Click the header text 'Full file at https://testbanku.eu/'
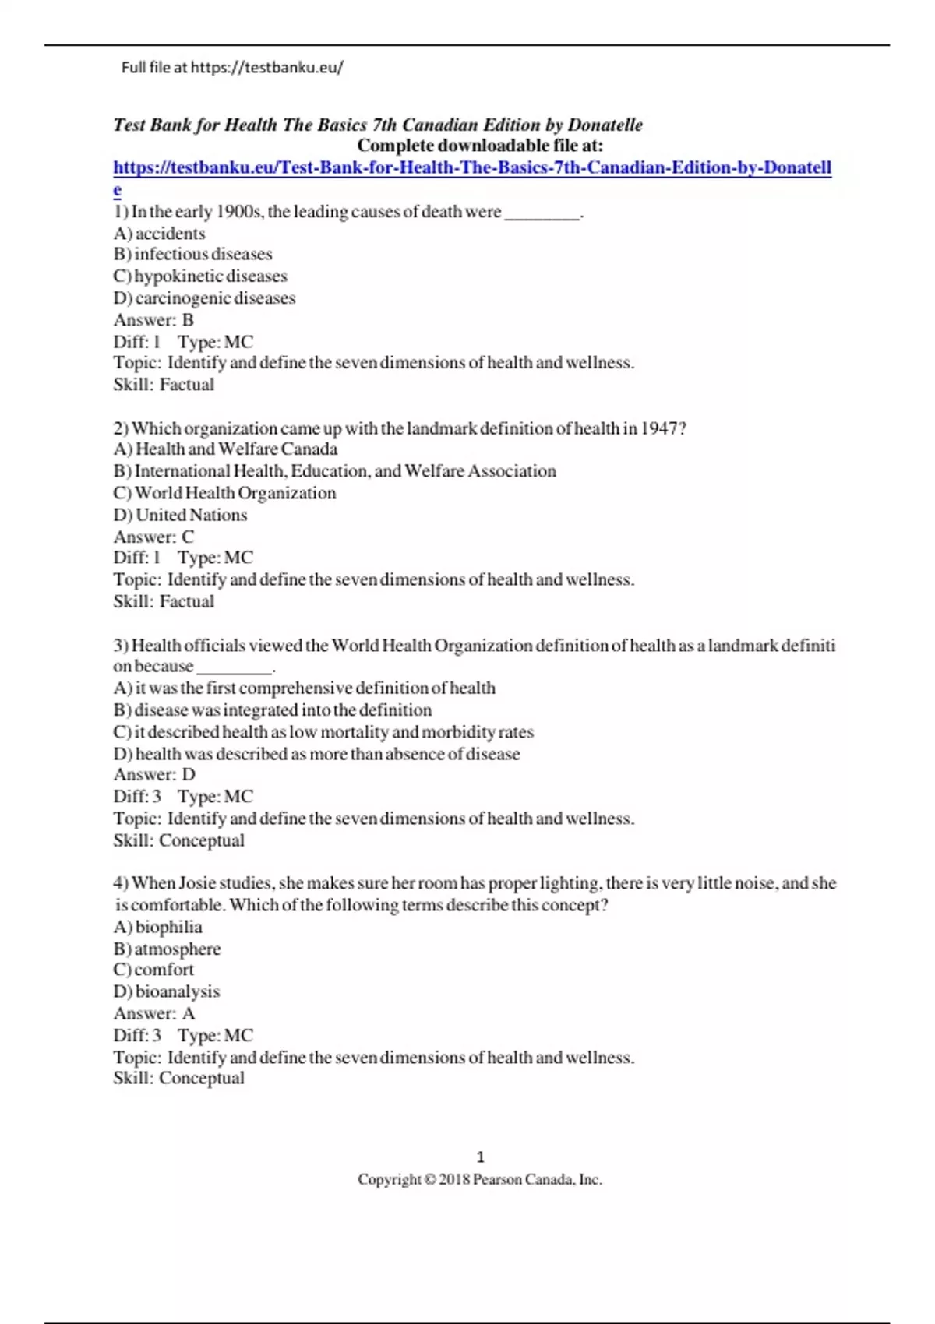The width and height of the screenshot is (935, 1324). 232,68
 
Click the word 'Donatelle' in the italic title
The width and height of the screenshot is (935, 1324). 605,125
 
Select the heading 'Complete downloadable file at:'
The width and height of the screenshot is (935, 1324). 479,146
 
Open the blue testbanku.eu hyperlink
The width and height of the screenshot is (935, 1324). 472,167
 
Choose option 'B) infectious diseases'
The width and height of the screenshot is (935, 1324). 192,254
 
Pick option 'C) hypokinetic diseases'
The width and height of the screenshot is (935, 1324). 200,276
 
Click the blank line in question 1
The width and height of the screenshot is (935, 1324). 542,213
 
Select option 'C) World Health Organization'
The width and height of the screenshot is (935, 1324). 224,493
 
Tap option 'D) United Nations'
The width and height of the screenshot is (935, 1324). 180,515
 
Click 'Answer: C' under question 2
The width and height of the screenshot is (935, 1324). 153,537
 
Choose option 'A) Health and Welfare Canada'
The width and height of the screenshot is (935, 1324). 225,449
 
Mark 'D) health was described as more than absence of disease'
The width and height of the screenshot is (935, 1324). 316,754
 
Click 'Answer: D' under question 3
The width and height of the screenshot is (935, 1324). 154,775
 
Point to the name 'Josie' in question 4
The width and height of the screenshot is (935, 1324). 199,883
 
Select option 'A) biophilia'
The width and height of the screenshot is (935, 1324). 157,927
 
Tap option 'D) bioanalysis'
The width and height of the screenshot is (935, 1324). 167,991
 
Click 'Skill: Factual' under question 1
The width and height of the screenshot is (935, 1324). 164,385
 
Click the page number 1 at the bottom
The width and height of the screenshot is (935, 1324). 480,1157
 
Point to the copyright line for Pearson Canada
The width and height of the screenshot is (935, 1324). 479,1180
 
